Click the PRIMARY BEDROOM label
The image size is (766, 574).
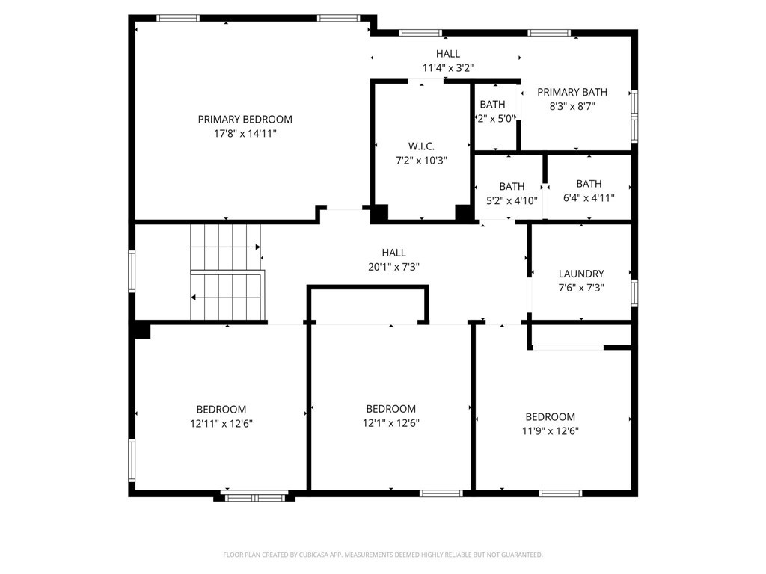point(245,119)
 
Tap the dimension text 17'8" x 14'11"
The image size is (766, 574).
point(245,133)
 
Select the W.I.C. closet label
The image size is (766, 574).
point(420,146)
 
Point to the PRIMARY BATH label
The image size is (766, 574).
point(572,92)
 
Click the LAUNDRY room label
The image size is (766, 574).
point(581,274)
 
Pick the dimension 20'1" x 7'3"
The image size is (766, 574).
point(393,267)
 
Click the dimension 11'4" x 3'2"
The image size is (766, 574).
point(447,68)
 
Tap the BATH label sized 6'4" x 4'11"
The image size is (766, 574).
point(588,184)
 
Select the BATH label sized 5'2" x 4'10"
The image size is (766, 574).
point(512,186)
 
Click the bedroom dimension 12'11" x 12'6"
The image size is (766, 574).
point(221,423)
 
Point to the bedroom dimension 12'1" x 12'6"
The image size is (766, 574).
point(390,423)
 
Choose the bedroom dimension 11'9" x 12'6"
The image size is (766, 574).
point(550,430)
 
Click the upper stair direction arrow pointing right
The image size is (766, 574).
point(257,247)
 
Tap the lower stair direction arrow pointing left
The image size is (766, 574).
point(194,297)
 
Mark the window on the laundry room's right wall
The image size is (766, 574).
point(634,292)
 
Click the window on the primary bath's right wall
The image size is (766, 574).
point(634,116)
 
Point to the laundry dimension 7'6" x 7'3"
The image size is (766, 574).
point(581,288)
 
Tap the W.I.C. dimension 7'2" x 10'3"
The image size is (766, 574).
point(420,160)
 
